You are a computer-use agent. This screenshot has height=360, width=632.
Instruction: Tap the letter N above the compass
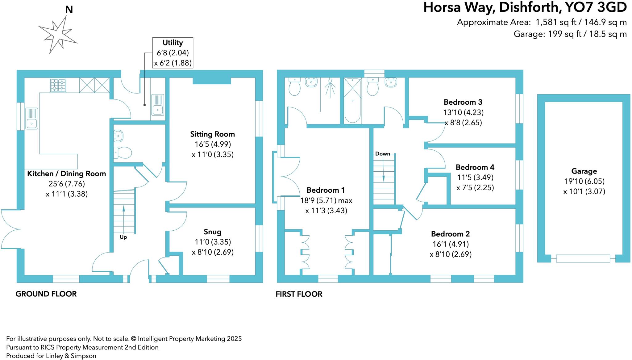coord(69,10)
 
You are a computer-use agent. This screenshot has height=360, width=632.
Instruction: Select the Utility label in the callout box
coord(173,43)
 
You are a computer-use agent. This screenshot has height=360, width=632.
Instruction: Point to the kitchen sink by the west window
coord(31,119)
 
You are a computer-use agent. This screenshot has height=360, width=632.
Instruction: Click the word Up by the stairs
coord(123,237)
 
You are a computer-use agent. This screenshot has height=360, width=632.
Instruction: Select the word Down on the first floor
coord(382,154)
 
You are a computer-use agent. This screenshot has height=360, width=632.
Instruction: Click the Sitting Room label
coord(212,134)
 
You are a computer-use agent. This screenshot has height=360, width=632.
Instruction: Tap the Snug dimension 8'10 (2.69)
coord(213,252)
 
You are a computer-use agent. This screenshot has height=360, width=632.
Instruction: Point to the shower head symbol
coord(330,81)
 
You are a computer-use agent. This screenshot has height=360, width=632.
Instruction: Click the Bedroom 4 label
coord(475,167)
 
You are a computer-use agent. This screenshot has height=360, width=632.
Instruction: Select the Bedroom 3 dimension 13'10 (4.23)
coord(463,112)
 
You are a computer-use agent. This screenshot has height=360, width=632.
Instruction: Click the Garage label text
coord(584,171)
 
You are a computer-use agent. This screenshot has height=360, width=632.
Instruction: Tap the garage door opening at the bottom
coord(583,258)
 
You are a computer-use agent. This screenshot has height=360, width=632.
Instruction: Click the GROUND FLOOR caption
coord(46,294)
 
